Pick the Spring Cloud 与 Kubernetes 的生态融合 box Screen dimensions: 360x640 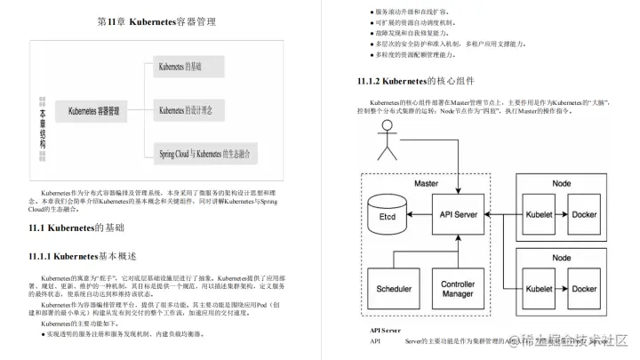[204, 153]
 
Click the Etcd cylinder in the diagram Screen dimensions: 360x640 [388, 214]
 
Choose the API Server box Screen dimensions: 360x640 [460, 214]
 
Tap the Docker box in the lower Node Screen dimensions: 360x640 [584, 288]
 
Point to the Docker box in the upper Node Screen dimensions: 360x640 [584, 214]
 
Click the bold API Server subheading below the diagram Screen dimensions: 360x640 [385, 330]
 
